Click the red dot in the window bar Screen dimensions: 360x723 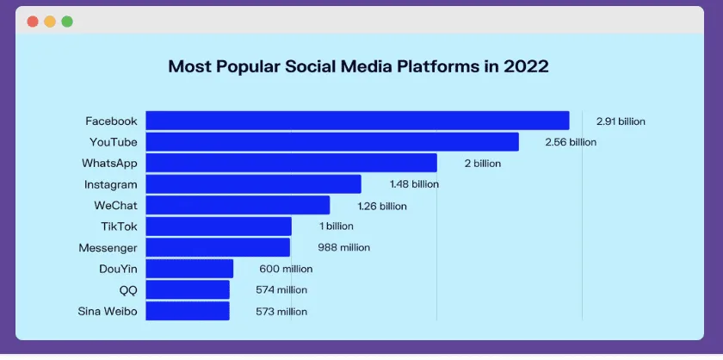pyautogui.click(x=33, y=22)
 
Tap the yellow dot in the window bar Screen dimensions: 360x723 pyautogui.click(x=50, y=22)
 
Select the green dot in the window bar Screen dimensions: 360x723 pyautogui.click(x=67, y=22)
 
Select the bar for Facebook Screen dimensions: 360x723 pyautogui.click(x=357, y=121)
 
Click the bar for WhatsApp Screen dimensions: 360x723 pyautogui.click(x=291, y=163)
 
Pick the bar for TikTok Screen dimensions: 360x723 pyautogui.click(x=219, y=227)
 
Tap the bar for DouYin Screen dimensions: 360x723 pyautogui.click(x=189, y=269)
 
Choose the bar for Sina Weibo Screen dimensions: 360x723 pyautogui.click(x=188, y=311)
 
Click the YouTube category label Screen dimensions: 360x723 pyautogui.click(x=114, y=142)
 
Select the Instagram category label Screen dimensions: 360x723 pyautogui.click(x=111, y=184)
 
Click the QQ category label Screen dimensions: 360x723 pyautogui.click(x=128, y=290)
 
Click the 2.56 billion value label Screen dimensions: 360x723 pyautogui.click(x=571, y=142)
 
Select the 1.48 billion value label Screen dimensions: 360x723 pyautogui.click(x=413, y=184)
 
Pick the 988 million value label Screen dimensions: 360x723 pyautogui.click(x=343, y=248)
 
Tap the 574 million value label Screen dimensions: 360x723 pyautogui.click(x=281, y=290)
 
